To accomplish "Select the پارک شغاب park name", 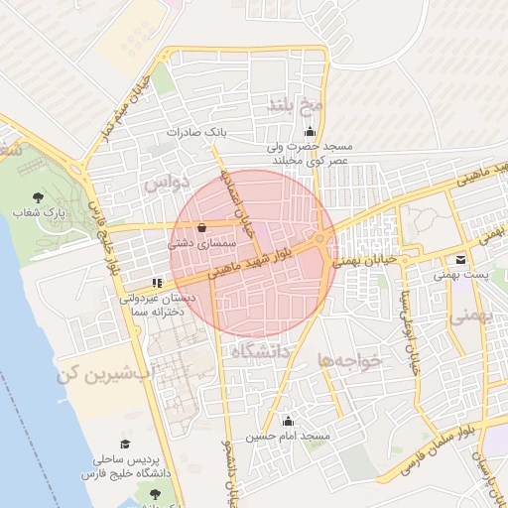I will point(39,212).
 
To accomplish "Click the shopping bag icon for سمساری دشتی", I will point(202,226).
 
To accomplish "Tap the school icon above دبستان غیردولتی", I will point(159,283).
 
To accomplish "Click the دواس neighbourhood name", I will point(165,185).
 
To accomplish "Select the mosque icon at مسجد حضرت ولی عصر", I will point(310,132).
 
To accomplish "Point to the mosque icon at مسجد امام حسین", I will point(289,421).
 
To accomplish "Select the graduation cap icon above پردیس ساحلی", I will point(125,444).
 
